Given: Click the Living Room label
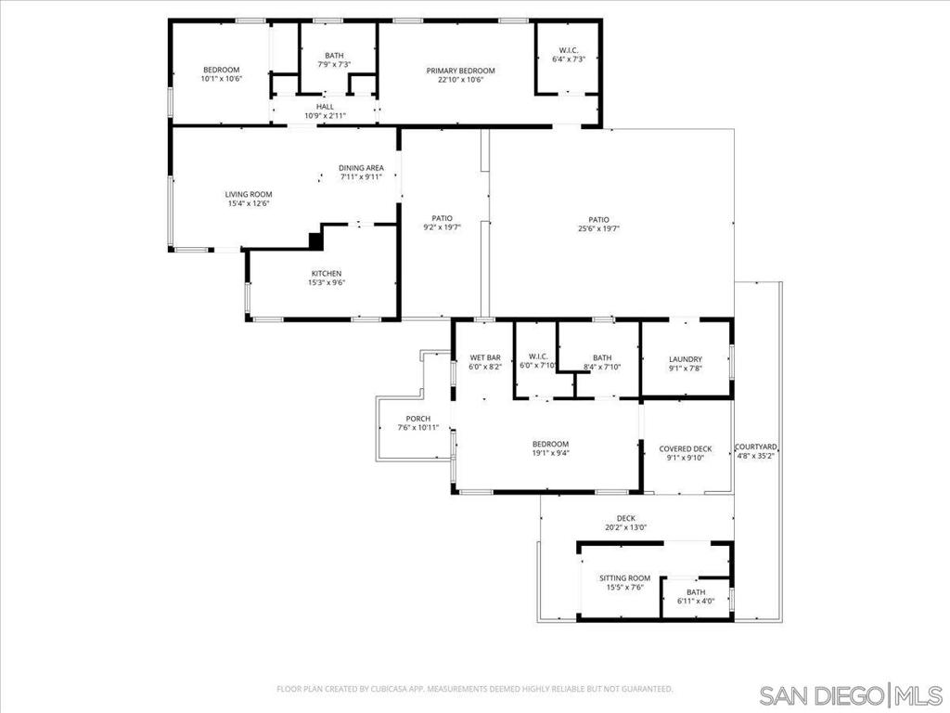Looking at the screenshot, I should pos(249,194).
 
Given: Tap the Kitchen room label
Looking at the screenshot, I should pos(326,273).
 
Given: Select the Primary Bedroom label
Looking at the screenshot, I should pos(460,71).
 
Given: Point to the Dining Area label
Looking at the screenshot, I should pos(361,168).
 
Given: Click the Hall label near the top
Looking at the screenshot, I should pos(325,107).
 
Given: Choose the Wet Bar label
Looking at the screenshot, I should pos(485,357).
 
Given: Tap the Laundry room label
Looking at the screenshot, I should pos(686,359).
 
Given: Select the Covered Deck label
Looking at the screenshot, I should pos(686,448).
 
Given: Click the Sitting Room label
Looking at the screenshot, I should pos(624,577).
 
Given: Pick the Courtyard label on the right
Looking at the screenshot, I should pos(756,447).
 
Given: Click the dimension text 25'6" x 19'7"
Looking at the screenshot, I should pos(598,228).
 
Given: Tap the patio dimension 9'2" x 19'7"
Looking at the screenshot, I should pos(441,228).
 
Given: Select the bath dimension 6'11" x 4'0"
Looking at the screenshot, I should pos(696,601).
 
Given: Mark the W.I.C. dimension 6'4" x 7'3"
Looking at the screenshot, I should pos(568,59).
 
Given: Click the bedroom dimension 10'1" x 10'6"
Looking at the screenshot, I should pos(221,79).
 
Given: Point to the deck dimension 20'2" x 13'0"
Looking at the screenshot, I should pos(625,527).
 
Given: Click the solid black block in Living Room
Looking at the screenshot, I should pos(315,241).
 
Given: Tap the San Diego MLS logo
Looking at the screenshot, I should pos(849,694).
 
